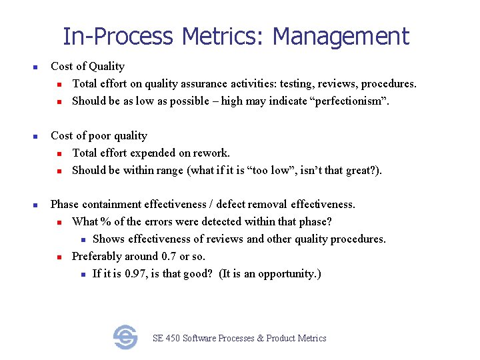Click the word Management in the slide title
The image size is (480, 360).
341,36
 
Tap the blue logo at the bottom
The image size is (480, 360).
125,337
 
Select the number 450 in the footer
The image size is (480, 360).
173,338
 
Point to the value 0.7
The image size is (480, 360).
169,256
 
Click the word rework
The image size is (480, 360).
213,153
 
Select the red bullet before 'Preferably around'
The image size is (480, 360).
59,257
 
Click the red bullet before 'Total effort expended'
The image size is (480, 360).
59,153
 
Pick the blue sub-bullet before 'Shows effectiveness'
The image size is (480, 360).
80,239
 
